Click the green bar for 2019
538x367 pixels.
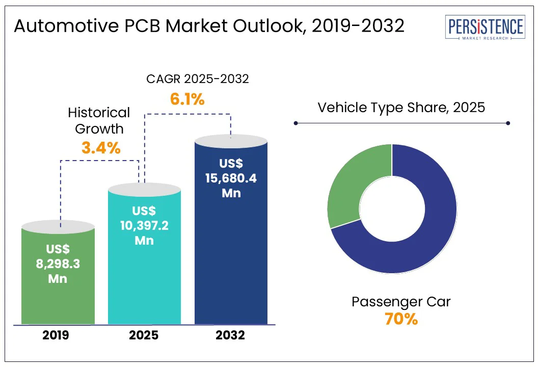[58, 301]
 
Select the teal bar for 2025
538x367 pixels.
[144, 285]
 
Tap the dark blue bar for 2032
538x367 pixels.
[231, 265]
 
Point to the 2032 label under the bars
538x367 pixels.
[230, 335]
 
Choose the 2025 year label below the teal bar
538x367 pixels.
[144, 335]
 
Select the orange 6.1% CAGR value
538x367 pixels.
[187, 99]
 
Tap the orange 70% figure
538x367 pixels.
[401, 320]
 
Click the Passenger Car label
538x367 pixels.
[401, 302]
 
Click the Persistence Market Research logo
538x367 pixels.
[484, 28]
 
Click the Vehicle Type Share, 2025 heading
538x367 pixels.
[401, 108]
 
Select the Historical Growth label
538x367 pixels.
[99, 120]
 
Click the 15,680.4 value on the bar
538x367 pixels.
[231, 178]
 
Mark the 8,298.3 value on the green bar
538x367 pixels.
[58, 264]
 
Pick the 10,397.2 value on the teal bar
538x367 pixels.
[144, 225]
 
